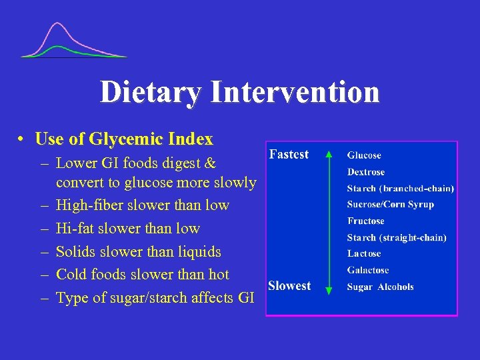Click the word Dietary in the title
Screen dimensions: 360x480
[x=149, y=92]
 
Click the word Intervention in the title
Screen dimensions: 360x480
[x=295, y=92]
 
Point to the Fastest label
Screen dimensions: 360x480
[x=289, y=154]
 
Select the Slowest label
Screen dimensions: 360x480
[x=289, y=285]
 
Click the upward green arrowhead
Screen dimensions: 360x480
[x=328, y=154]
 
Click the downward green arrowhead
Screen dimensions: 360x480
[x=328, y=289]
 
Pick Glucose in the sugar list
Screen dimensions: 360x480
[x=364, y=155]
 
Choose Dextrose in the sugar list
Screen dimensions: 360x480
[x=366, y=172]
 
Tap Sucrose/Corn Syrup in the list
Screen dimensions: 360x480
[x=390, y=205]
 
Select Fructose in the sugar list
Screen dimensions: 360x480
[x=365, y=221]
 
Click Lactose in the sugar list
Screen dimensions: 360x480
[x=364, y=253]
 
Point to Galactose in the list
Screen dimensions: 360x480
[x=368, y=270]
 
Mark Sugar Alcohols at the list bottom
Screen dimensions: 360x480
[x=380, y=287]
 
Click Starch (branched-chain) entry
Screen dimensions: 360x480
[x=400, y=189]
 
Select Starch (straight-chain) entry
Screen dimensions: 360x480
[x=397, y=237]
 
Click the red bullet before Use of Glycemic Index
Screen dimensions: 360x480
[x=22, y=139]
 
